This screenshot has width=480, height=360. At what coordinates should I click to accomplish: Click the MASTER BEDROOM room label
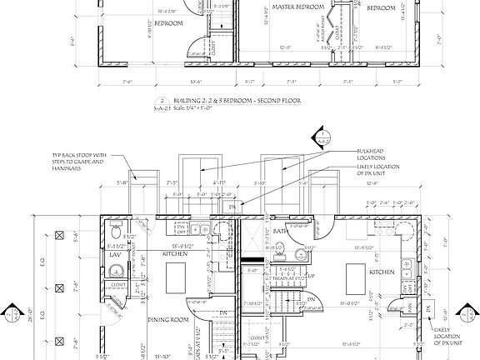[296, 7]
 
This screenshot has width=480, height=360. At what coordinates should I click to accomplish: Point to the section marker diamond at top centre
[321, 137]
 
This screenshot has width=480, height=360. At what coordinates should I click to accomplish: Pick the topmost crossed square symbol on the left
[58, 237]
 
